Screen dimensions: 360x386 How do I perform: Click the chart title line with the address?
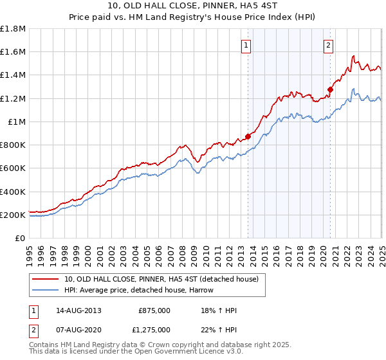click(x=192, y=8)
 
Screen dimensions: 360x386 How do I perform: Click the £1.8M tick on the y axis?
click(x=13, y=29)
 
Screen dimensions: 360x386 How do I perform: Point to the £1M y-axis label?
click(x=17, y=122)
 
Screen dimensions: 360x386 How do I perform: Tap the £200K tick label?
click(x=13, y=215)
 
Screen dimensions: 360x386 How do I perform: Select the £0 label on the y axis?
click(x=21, y=238)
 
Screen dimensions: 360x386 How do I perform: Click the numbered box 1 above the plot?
click(x=247, y=45)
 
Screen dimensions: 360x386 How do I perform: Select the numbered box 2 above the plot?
click(x=328, y=45)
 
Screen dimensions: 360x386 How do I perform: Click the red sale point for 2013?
click(x=248, y=136)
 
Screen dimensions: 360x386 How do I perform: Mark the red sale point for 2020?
click(x=330, y=89)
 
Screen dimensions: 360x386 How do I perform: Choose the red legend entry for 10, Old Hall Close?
click(x=161, y=279)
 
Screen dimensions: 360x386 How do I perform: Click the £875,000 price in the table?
click(x=154, y=310)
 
